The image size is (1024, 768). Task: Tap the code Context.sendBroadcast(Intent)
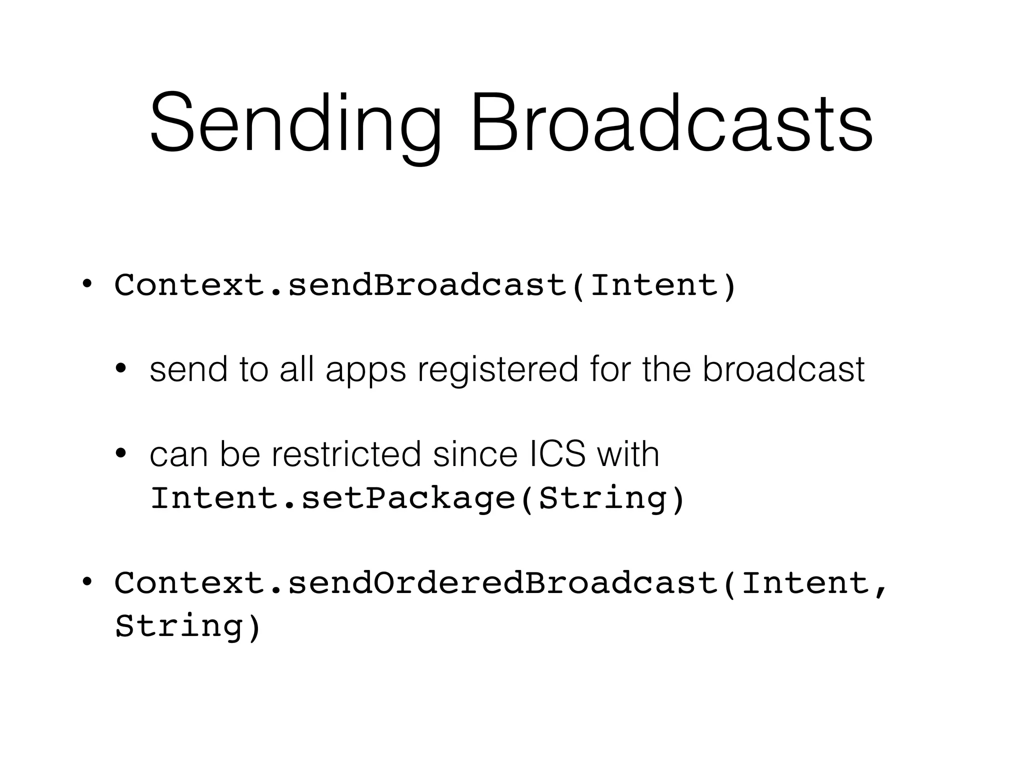coord(425,285)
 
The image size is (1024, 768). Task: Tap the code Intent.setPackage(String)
coord(417,498)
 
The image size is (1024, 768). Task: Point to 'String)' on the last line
coord(187,626)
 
